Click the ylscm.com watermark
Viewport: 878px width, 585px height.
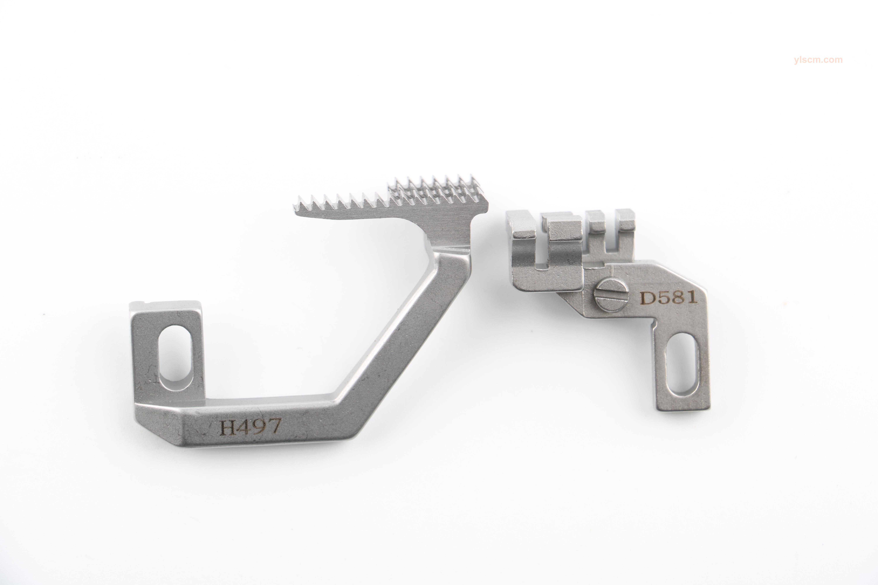click(818, 60)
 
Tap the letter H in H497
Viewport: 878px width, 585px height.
click(227, 427)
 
